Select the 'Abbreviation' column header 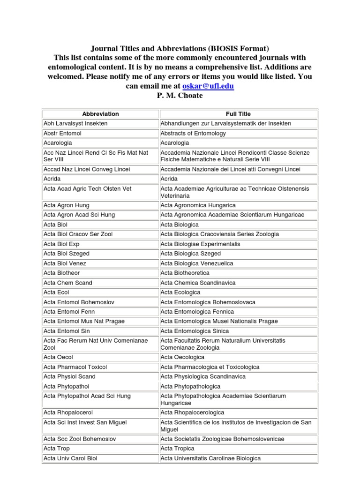(100, 114)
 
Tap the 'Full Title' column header (238, 114)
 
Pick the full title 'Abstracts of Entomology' (193, 133)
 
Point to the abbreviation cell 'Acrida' (52, 179)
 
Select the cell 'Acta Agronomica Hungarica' (198, 205)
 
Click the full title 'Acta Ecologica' (180, 292)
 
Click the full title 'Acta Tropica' (177, 449)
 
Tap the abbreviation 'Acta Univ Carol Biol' (70, 458)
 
